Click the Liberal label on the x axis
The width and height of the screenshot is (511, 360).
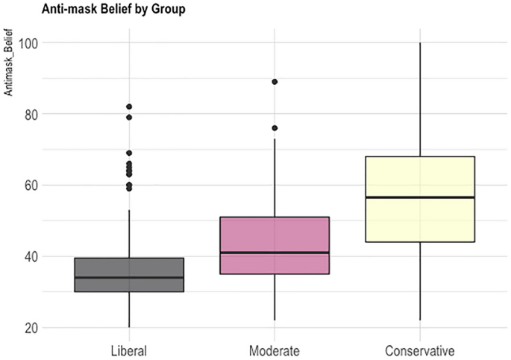(x=129, y=350)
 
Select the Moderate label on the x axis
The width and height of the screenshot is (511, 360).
(x=275, y=350)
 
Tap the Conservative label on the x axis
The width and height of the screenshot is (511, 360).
(x=420, y=350)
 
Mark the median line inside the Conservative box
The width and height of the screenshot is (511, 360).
(x=420, y=198)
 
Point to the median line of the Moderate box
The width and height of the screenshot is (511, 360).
(x=275, y=253)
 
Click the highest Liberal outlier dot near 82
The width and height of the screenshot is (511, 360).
(x=129, y=107)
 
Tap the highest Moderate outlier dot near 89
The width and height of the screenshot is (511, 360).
(x=275, y=82)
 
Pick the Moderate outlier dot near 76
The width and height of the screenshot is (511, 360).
(x=275, y=128)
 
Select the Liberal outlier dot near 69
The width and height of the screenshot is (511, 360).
(x=129, y=153)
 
